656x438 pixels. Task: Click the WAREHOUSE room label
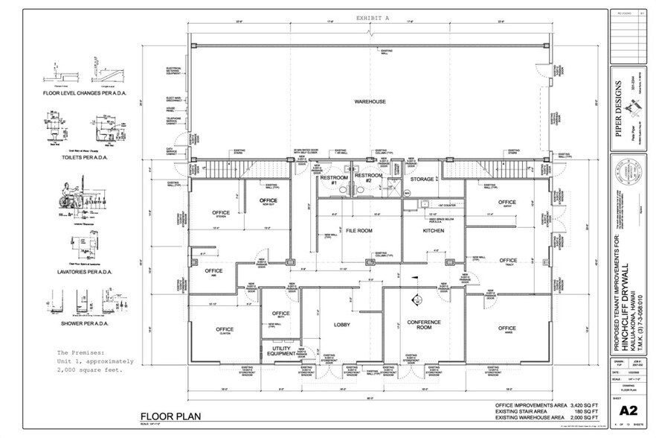pyautogui.click(x=369, y=101)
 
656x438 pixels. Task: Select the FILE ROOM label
pyautogui.click(x=358, y=232)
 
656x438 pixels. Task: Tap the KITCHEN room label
pyautogui.click(x=433, y=232)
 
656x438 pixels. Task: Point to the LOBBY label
pyautogui.click(x=342, y=325)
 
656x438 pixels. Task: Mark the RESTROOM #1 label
pyautogui.click(x=329, y=180)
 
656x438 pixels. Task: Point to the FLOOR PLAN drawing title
pyautogui.click(x=170, y=416)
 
